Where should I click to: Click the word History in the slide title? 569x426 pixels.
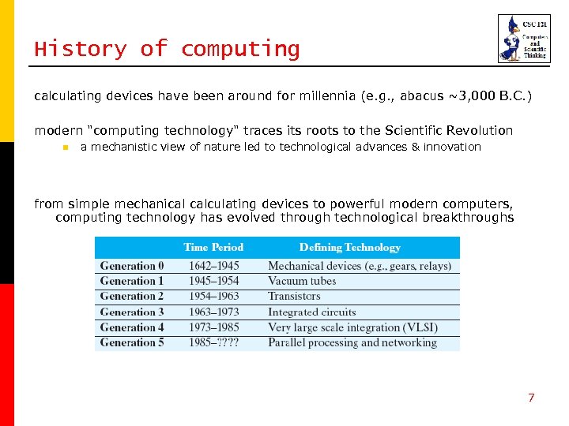(80, 49)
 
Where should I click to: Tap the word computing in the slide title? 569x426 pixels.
(240, 50)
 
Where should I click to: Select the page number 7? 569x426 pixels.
(531, 398)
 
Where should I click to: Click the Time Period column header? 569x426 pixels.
(213, 248)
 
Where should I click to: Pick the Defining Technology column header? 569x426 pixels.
(349, 248)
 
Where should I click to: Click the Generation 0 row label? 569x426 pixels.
(132, 266)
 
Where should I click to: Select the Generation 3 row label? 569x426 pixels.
(132, 312)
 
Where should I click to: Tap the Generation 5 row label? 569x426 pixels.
(132, 342)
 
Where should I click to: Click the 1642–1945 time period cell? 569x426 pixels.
(213, 266)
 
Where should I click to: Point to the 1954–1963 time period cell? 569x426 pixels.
(213, 297)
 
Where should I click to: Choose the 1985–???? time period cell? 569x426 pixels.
(213, 342)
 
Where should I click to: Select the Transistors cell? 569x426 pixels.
(294, 297)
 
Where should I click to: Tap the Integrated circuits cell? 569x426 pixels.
(312, 312)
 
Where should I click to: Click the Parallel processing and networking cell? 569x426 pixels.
(352, 342)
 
